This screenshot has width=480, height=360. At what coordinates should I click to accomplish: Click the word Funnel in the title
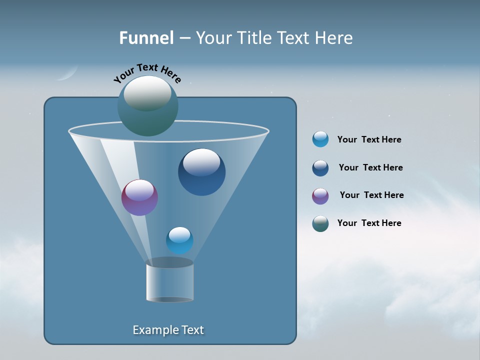pyautogui.click(x=146, y=38)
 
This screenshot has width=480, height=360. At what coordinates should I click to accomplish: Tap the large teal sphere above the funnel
pyautogui.click(x=148, y=106)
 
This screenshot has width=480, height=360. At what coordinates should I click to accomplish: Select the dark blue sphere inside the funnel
pyautogui.click(x=201, y=172)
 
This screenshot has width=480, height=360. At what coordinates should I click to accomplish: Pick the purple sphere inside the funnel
pyautogui.click(x=139, y=197)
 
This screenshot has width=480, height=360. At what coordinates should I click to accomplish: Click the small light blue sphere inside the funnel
pyautogui.click(x=179, y=240)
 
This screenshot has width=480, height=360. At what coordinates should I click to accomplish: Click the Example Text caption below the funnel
pyautogui.click(x=168, y=330)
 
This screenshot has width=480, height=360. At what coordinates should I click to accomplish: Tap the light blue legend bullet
pyautogui.click(x=320, y=139)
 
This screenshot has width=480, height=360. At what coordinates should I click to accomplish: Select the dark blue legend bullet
pyautogui.click(x=320, y=168)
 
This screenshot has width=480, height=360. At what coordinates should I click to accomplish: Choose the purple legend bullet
pyautogui.click(x=320, y=196)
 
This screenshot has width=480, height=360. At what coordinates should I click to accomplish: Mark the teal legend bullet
pyautogui.click(x=320, y=223)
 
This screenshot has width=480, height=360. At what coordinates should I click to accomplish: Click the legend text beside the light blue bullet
pyautogui.click(x=369, y=139)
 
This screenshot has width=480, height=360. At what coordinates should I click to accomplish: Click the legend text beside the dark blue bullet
pyautogui.click(x=370, y=167)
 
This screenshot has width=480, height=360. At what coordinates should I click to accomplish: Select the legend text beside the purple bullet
pyautogui.click(x=371, y=195)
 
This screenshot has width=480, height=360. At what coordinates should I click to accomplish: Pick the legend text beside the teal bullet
pyautogui.click(x=369, y=223)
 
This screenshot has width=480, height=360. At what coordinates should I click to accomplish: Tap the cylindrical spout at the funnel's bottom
pyautogui.click(x=169, y=281)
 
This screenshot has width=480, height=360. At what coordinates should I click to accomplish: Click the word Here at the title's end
pyautogui.click(x=334, y=38)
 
